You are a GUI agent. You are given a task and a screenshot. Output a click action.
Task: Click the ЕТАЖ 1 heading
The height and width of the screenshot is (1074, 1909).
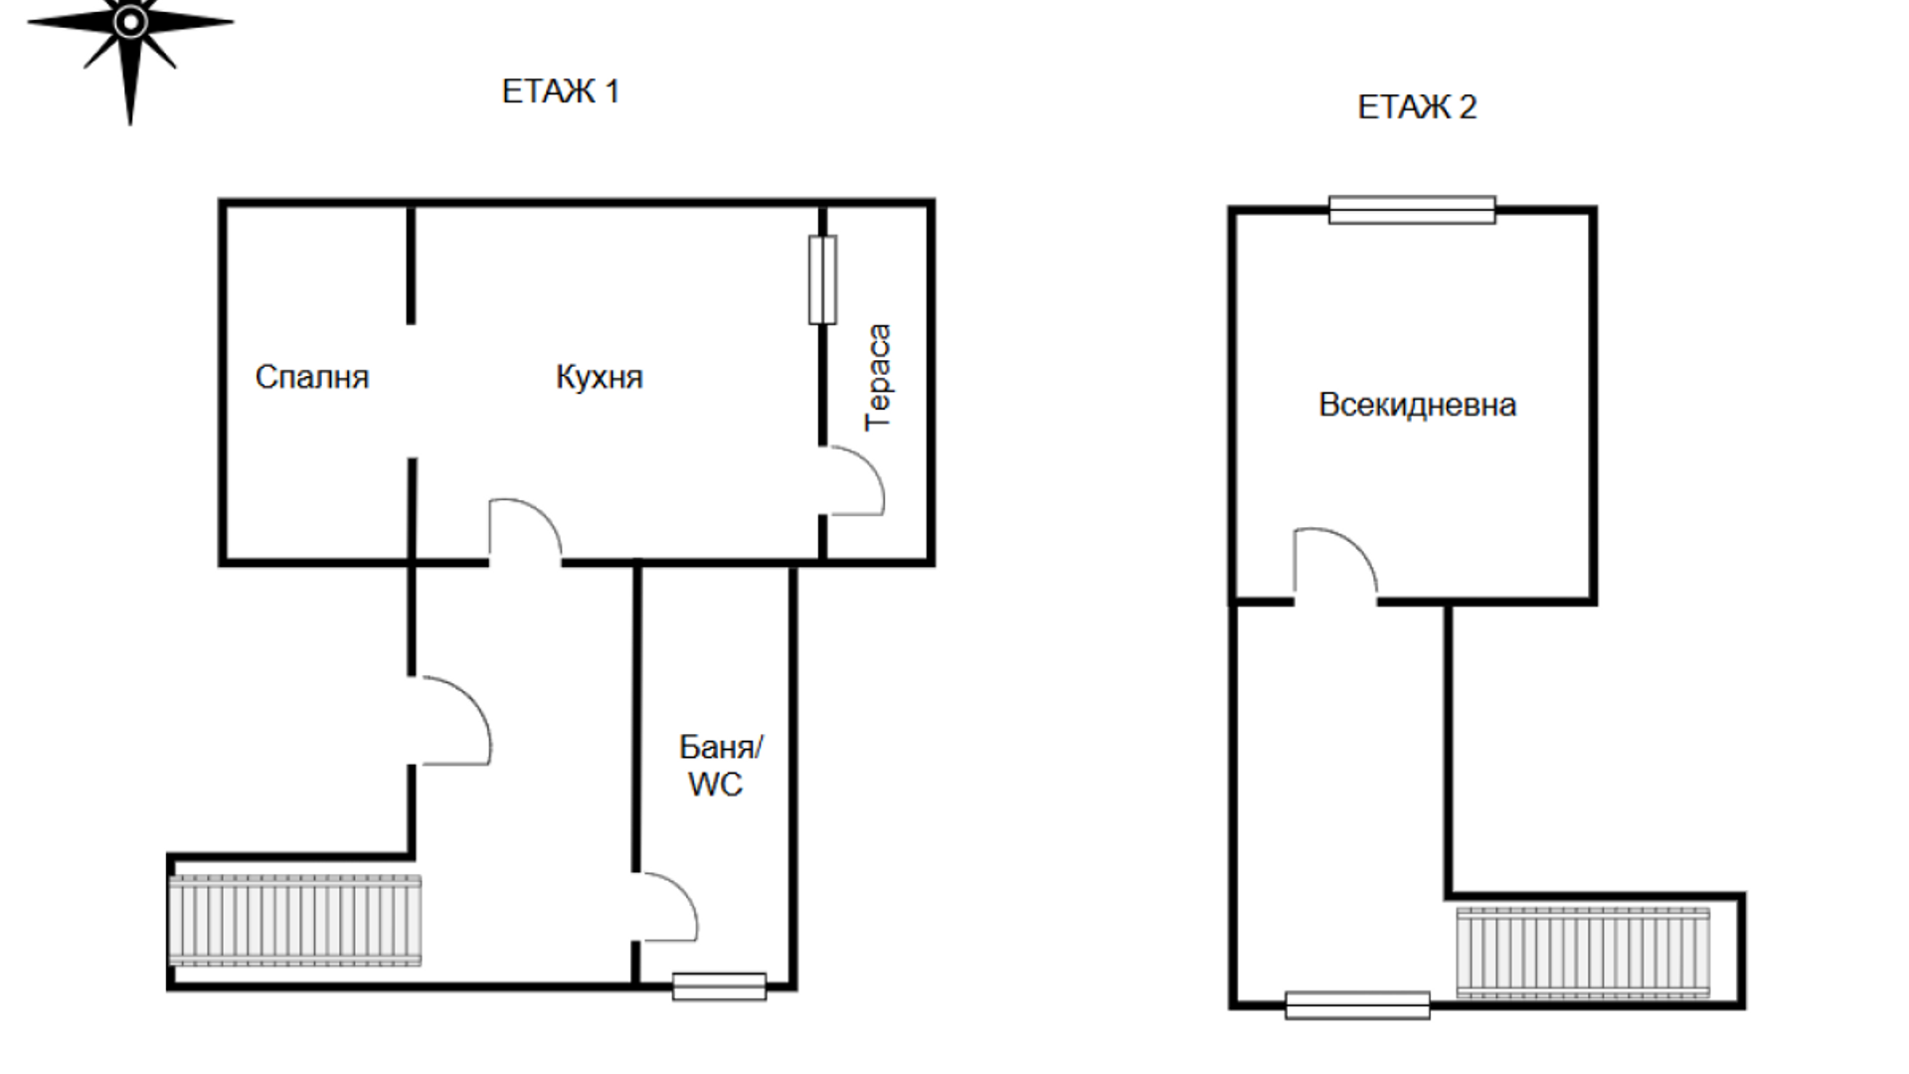[561, 91]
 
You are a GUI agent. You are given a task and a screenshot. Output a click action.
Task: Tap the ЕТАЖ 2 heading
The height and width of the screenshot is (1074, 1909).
[1417, 107]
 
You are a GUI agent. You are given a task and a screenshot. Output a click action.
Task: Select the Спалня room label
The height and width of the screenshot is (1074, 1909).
[312, 377]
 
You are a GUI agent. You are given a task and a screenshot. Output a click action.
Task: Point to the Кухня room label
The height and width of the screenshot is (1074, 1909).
[599, 377]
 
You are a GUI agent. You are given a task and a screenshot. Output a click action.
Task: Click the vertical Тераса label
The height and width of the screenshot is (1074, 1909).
[878, 377]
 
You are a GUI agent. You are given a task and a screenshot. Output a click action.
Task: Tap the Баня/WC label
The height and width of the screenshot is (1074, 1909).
[720, 766]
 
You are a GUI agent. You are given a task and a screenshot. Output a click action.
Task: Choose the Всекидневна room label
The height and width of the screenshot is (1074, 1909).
[1417, 405]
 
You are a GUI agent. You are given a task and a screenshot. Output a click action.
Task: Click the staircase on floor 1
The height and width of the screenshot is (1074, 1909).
[295, 920]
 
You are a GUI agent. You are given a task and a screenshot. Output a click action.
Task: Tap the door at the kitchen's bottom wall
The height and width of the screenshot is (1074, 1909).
[525, 530]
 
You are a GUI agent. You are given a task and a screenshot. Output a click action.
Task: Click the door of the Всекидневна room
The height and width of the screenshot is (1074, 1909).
[1335, 565]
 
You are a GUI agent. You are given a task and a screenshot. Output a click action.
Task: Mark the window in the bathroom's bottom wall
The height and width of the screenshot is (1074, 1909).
[719, 986]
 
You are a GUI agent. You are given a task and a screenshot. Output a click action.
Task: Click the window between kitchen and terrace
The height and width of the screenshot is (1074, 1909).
[822, 279]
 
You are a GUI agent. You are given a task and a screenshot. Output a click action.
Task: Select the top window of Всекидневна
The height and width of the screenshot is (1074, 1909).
[1412, 210]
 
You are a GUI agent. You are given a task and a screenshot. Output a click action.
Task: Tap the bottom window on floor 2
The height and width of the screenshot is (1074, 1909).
[1357, 1005]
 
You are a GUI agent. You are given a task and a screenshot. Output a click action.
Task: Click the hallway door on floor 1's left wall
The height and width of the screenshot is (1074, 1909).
[451, 721]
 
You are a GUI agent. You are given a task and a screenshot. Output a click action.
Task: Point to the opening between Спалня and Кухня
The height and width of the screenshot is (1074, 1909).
[412, 391]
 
